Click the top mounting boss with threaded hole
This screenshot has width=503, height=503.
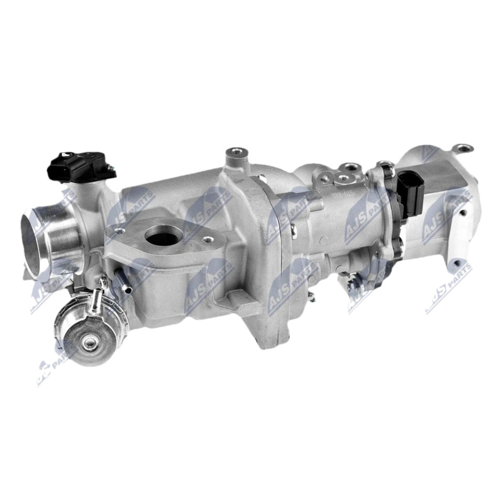[236, 152]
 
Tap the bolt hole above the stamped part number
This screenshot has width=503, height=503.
[344, 179]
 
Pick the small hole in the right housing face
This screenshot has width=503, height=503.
[462, 213]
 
